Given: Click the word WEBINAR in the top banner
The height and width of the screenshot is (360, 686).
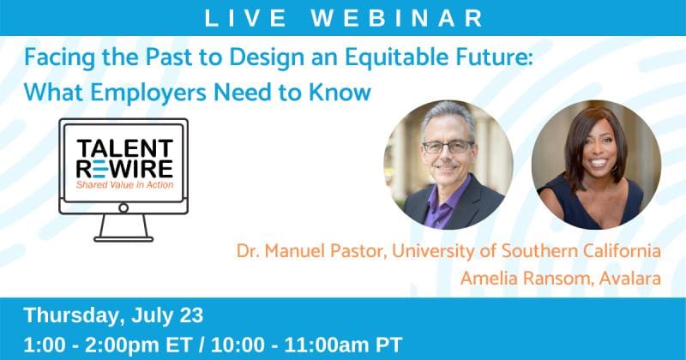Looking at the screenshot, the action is click(397, 18).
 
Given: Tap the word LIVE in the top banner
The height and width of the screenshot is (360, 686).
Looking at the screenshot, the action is click(245, 18).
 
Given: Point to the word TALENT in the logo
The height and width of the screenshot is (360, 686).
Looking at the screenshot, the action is click(125, 149).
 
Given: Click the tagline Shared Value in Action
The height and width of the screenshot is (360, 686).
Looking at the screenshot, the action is click(124, 184).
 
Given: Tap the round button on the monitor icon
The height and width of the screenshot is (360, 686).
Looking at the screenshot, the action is click(123, 207).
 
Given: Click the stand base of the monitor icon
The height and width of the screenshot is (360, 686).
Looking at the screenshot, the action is click(123, 239).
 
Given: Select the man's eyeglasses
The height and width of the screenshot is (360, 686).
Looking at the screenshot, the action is click(448, 147).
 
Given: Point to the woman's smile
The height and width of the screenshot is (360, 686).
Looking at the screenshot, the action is click(598, 162).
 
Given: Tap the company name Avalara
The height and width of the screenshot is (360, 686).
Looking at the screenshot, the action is click(630, 279).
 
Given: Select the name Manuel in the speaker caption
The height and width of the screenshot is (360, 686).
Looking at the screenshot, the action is click(294, 251).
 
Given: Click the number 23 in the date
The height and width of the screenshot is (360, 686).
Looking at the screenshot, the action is click(191, 315).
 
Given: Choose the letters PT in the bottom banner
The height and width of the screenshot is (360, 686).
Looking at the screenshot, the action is click(389, 345).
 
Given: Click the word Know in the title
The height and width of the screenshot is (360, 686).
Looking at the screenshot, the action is click(340, 93).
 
